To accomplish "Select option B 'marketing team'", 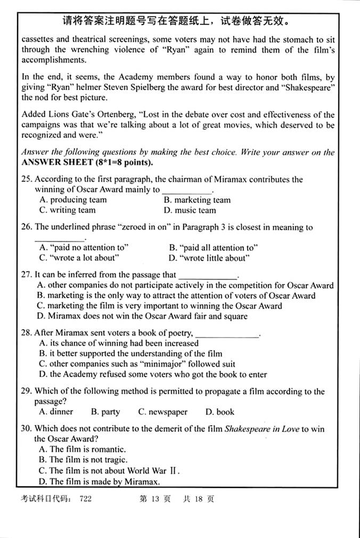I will click(197, 200).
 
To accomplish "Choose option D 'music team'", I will click(192, 210).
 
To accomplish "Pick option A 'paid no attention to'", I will click(84, 248).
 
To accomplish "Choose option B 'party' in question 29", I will click(105, 412).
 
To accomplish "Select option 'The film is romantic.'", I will click(83, 450).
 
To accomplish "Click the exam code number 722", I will click(85, 500).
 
